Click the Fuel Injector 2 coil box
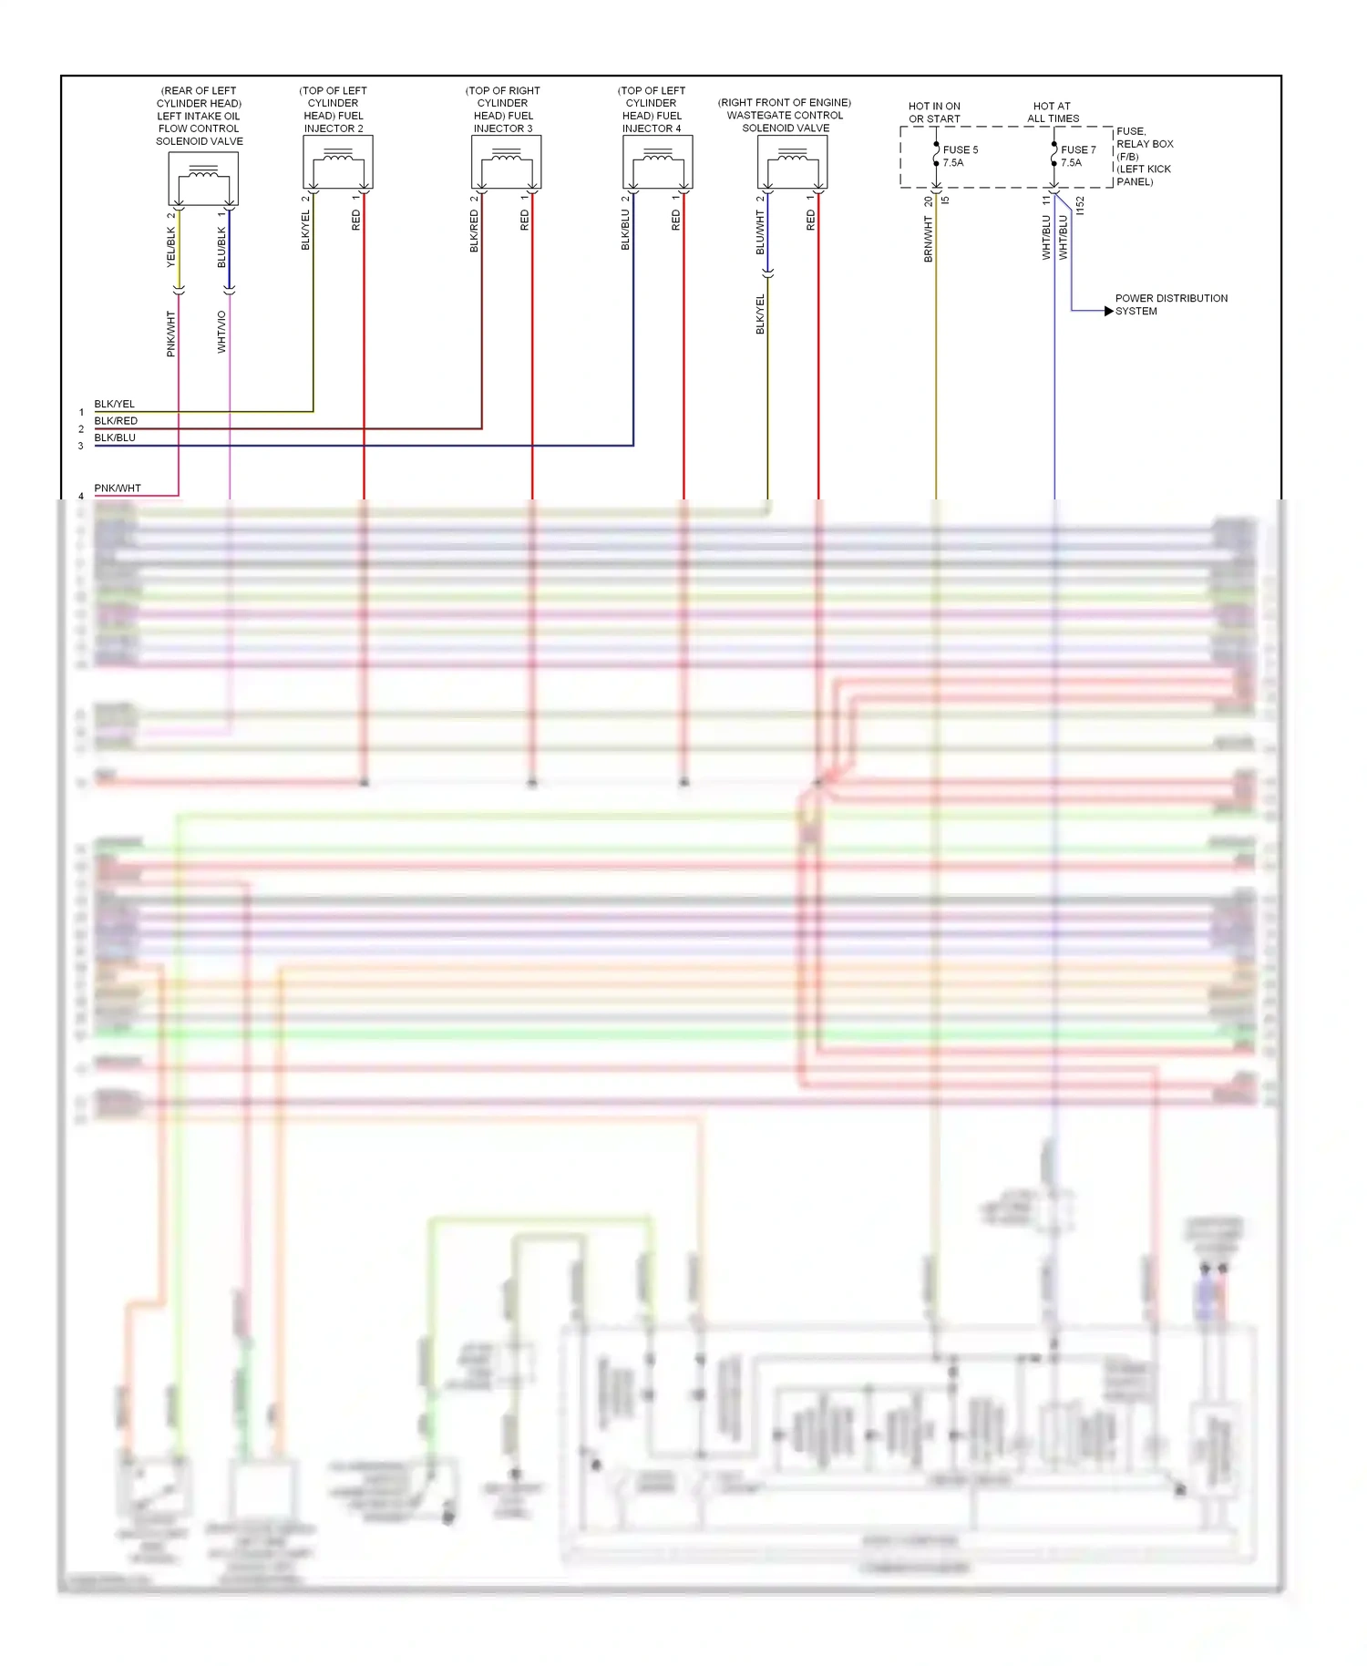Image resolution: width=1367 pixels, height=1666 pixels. point(337,162)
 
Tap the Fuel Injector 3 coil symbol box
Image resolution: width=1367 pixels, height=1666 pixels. point(506,162)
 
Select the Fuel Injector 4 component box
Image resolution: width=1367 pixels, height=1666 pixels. point(657,162)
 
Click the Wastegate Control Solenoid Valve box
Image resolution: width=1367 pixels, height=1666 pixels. point(792,162)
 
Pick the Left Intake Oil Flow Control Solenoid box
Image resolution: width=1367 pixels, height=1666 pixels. point(203,179)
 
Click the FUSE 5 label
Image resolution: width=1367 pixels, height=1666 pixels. point(960,149)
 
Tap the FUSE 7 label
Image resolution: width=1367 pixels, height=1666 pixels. point(1078,149)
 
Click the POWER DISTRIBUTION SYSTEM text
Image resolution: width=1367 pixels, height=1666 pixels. point(1170,304)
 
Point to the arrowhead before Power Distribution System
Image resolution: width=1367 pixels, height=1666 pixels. point(1108,311)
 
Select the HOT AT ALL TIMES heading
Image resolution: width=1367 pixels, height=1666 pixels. point(1053,112)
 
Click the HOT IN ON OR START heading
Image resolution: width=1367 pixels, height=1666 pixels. point(934,112)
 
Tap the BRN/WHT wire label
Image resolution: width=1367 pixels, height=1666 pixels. point(929,239)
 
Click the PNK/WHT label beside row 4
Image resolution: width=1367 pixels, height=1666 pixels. point(118,488)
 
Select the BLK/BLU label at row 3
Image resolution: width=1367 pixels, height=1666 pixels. point(115,437)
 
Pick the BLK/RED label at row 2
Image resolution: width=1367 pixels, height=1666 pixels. point(116,420)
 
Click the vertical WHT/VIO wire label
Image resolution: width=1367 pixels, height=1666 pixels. point(221,332)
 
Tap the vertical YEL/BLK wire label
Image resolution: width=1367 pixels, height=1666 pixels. point(170,247)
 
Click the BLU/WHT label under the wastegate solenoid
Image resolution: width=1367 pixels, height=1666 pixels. point(760,232)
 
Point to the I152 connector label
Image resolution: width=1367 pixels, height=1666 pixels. point(1080,206)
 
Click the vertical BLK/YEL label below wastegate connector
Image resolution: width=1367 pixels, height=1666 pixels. point(760,314)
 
